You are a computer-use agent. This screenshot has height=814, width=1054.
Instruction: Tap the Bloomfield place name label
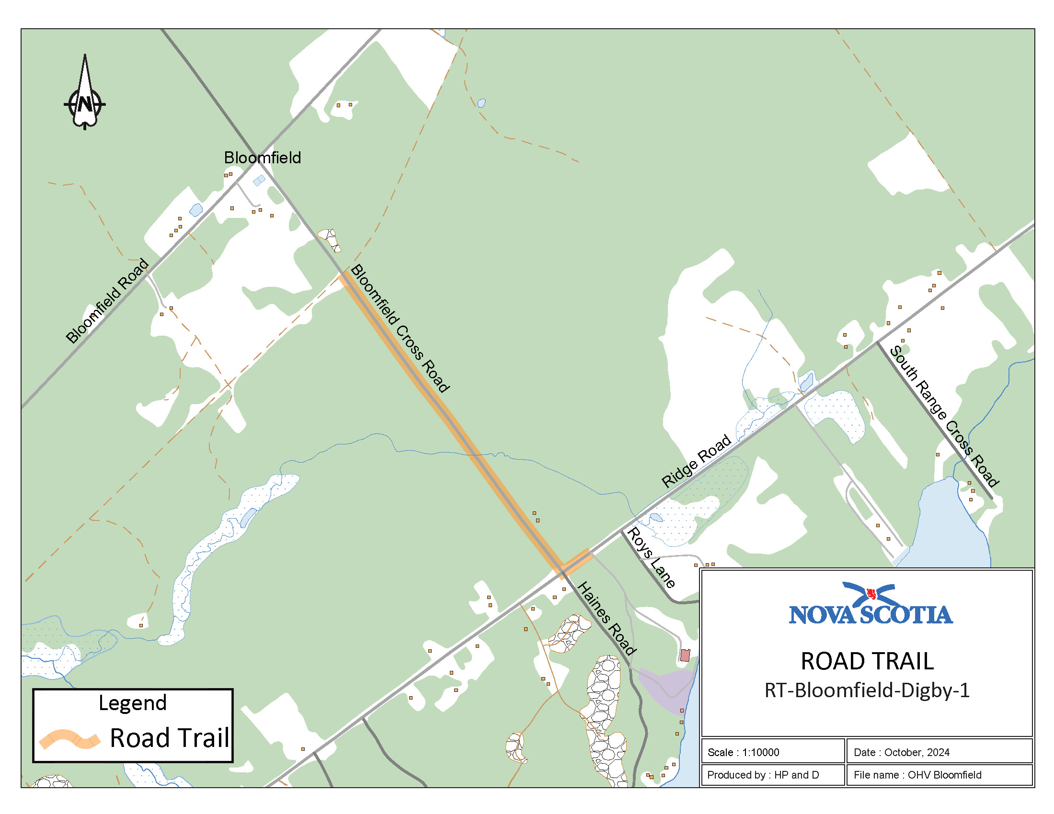click(x=262, y=158)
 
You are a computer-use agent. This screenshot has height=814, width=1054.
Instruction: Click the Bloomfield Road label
click(x=107, y=301)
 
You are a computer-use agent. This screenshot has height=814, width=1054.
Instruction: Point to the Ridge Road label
click(x=696, y=461)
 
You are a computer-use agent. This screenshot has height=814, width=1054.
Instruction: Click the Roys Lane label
click(x=650, y=557)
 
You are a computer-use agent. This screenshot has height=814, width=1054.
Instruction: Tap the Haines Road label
click(x=607, y=618)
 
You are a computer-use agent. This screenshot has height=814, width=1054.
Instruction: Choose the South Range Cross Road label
click(x=944, y=416)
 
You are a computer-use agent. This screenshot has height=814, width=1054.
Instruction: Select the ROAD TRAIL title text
click(x=867, y=661)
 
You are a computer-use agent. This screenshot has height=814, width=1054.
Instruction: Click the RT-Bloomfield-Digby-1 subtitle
click(x=867, y=690)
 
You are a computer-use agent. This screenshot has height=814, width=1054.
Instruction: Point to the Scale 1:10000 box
click(x=772, y=752)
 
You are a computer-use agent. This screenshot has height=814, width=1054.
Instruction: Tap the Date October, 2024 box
click(x=939, y=752)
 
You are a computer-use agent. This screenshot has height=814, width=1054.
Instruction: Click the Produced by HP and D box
click(x=772, y=775)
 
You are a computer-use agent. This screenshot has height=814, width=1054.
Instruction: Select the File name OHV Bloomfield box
click(x=939, y=775)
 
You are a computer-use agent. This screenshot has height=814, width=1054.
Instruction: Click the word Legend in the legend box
click(x=133, y=703)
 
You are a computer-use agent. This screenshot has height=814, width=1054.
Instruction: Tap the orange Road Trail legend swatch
click(x=70, y=739)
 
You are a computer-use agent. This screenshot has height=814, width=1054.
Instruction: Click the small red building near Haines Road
click(x=685, y=655)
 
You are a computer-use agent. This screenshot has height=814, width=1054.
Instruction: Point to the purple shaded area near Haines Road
click(x=666, y=687)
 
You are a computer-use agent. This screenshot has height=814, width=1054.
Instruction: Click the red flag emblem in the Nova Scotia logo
click(x=871, y=593)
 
